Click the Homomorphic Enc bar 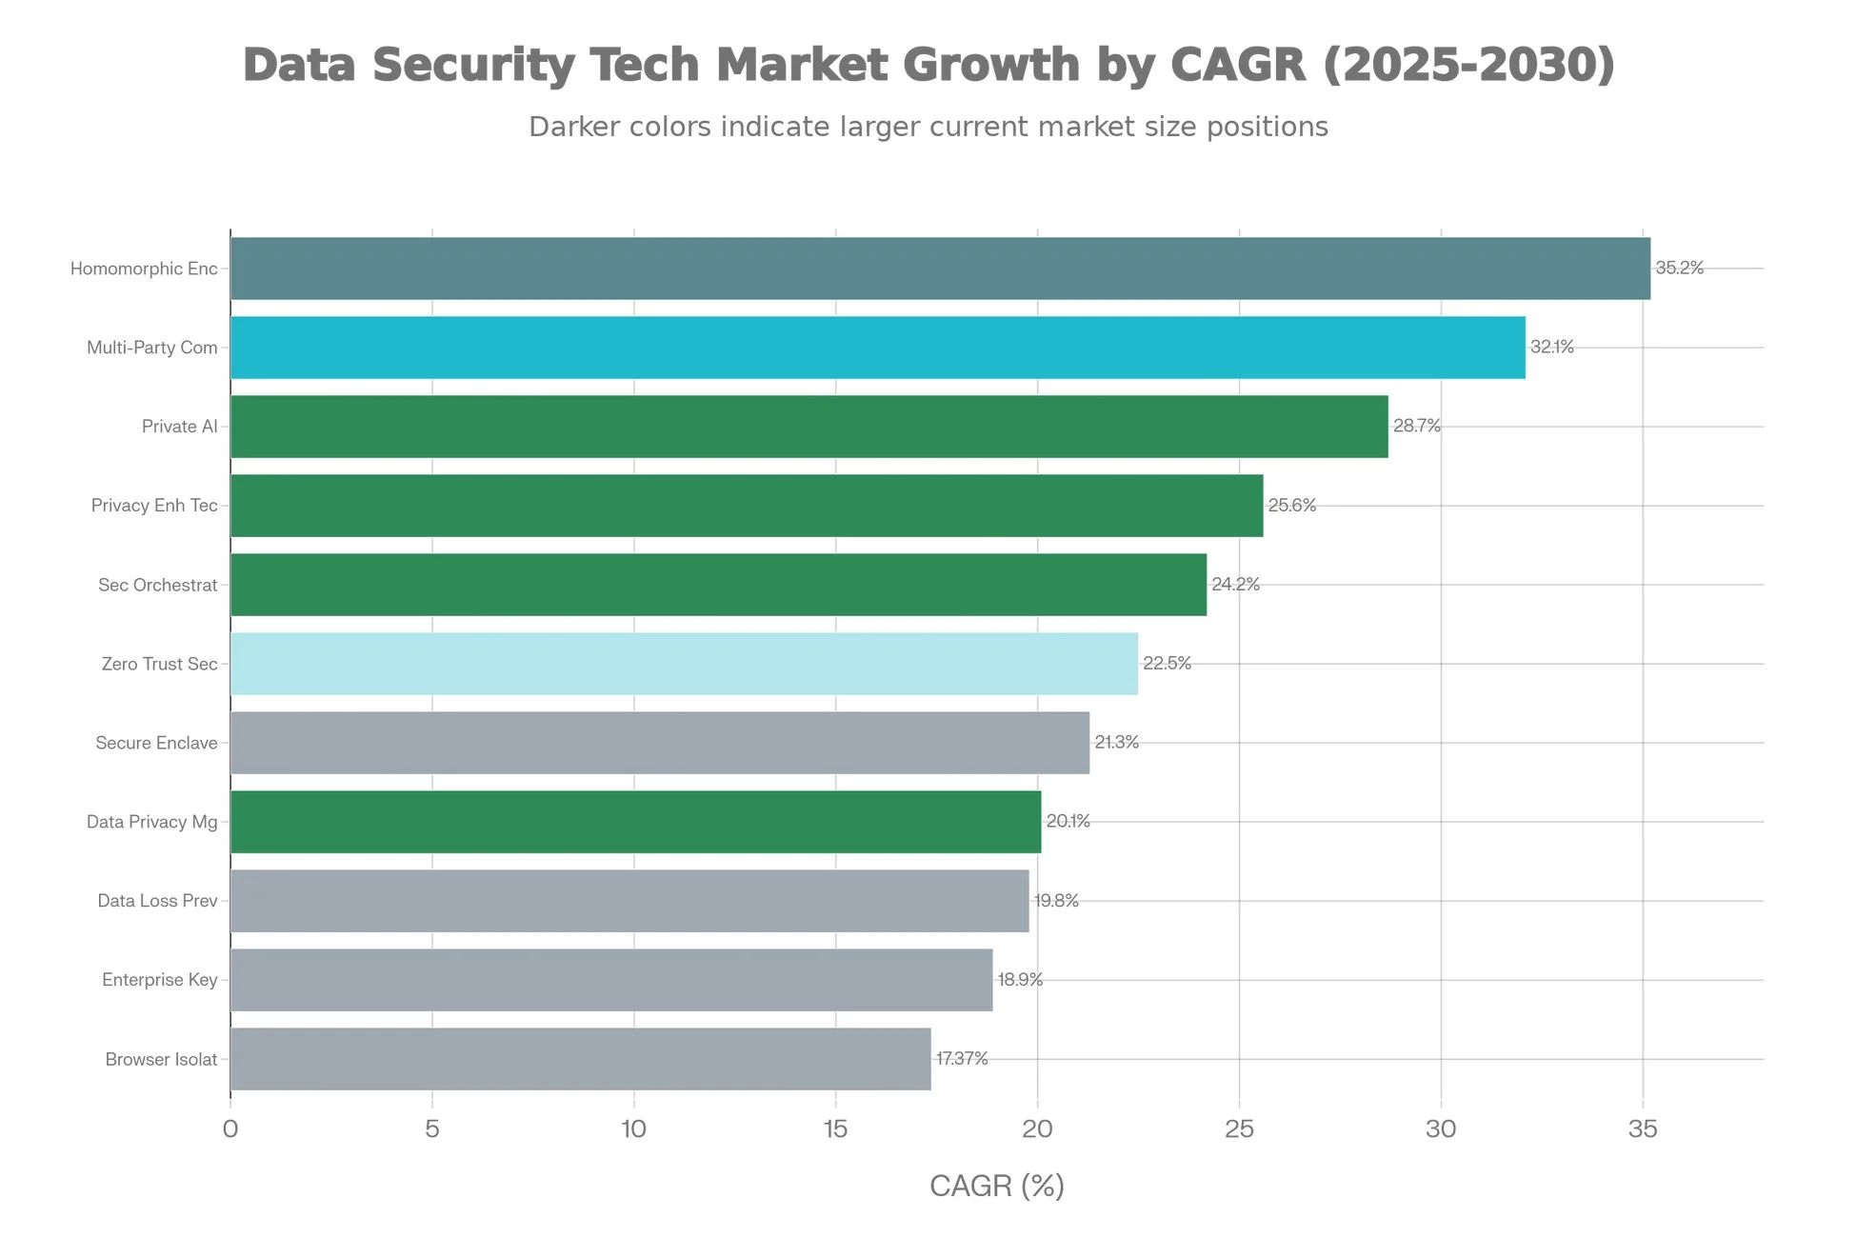[940, 269]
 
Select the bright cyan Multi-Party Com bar [877, 348]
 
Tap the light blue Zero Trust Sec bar [684, 664]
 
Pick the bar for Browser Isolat [580, 1059]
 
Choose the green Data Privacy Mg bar [635, 822]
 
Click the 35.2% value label [1679, 269]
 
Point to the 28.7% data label [1416, 427]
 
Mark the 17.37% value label [961, 1059]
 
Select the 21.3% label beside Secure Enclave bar [1116, 743]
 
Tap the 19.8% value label [1056, 901]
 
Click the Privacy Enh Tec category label [154, 506]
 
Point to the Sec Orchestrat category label [157, 585]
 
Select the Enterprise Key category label [159, 980]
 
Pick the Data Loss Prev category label [157, 901]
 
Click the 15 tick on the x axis [835, 1129]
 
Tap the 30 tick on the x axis [1441, 1129]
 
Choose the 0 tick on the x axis [230, 1129]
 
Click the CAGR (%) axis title [996, 1187]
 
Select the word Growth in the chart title [990, 67]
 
